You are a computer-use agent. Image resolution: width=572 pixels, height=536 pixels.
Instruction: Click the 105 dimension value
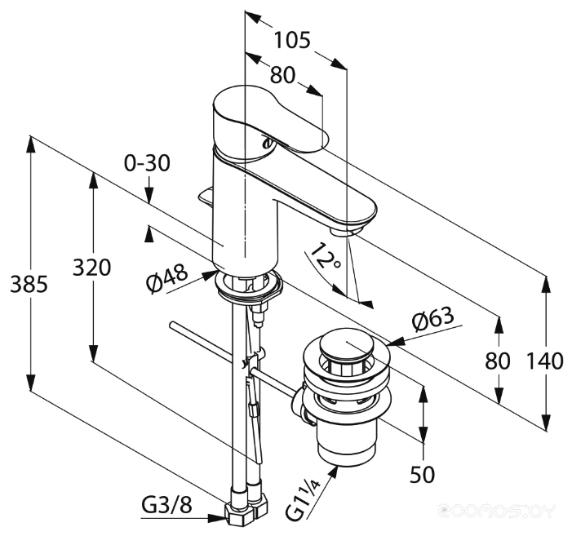coord(292,40)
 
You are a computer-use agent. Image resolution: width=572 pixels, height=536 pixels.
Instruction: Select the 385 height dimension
coord(29,284)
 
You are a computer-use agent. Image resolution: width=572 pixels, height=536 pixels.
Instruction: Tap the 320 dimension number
coord(91,267)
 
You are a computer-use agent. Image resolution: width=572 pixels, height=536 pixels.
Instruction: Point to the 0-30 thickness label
coord(147,163)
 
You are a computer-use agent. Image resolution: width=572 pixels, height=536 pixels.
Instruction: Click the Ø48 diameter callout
coord(167,278)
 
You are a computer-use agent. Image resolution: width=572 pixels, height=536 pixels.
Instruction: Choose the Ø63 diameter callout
coord(433,319)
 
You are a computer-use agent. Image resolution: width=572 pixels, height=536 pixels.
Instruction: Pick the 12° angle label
coord(326,255)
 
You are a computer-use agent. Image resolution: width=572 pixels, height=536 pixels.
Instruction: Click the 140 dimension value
coord(545,361)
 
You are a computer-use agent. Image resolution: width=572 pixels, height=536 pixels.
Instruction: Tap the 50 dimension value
coord(423,474)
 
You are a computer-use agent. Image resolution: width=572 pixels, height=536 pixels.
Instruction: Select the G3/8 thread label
coord(166,506)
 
